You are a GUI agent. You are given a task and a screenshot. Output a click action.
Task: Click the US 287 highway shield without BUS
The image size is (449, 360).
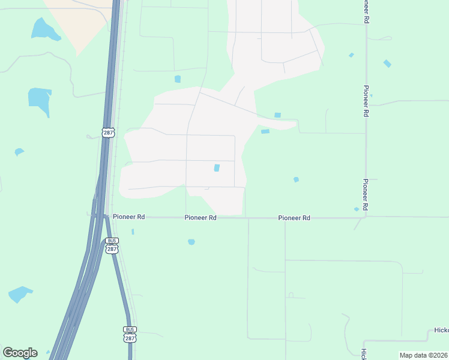108,132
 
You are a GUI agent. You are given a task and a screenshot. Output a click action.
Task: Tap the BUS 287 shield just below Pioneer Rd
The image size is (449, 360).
112,246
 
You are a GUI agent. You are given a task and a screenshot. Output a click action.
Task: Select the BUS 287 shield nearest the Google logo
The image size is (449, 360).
130,335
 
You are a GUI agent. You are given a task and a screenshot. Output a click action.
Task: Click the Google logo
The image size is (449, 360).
20,353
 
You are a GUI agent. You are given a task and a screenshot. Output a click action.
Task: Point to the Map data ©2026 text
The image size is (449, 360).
424,355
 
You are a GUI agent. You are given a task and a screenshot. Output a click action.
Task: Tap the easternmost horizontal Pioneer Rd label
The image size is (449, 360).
294,218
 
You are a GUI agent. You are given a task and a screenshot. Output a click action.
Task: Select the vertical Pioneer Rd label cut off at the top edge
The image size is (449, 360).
366,11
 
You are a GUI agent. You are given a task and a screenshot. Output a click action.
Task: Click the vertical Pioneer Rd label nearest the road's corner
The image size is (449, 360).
366,194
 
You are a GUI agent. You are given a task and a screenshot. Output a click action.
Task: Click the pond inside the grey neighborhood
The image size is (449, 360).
217,168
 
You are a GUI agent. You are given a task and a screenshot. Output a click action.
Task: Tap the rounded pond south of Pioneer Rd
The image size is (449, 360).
191,242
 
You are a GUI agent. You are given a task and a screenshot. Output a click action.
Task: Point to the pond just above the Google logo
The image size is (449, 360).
20,294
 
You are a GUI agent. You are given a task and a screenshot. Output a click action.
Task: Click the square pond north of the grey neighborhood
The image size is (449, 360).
178,79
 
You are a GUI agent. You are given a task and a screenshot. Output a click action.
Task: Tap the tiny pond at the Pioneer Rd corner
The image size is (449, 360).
357,209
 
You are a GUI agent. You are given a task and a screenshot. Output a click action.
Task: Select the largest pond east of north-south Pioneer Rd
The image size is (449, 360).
387,63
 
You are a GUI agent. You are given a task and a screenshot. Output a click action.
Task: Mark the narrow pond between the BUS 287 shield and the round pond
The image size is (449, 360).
133,232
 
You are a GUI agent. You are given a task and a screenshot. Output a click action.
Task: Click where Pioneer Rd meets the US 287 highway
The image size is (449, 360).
102,217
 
